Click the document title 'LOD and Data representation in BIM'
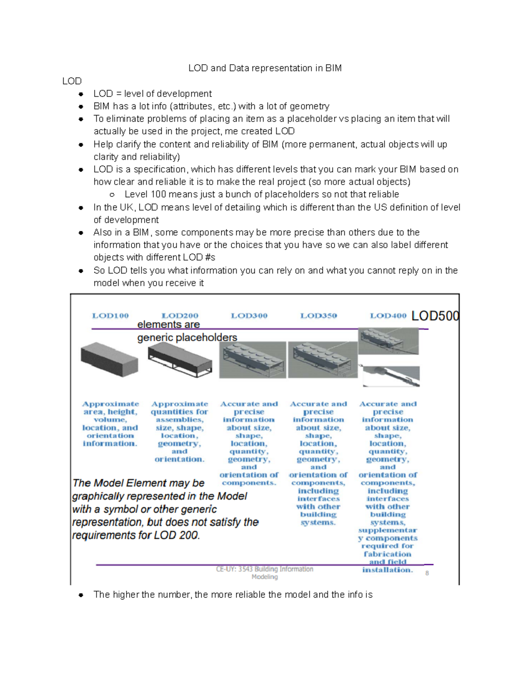point(265,68)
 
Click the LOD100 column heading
point(110,315)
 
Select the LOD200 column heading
point(180,315)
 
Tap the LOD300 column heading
point(249,315)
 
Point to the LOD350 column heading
point(319,315)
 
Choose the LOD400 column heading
point(388,315)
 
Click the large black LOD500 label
point(435,316)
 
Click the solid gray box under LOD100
point(109,359)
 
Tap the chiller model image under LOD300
point(252,360)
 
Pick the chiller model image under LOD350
point(322,360)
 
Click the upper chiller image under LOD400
point(388,341)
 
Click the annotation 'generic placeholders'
point(187,338)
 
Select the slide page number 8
point(427,573)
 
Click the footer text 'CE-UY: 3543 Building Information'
point(264,569)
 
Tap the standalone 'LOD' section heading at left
point(72,81)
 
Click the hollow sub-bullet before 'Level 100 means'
point(112,195)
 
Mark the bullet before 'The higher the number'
point(81,595)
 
